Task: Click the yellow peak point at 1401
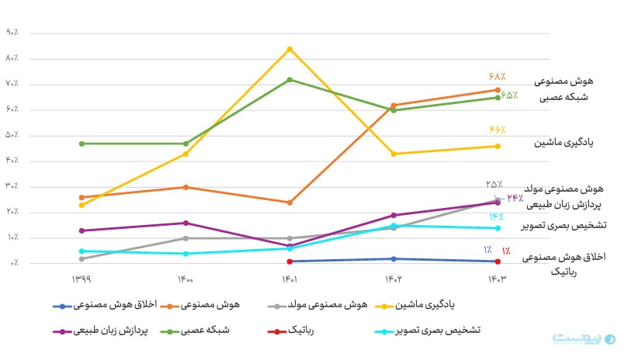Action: (289, 49)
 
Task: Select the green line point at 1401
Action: (289, 79)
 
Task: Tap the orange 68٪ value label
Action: (497, 76)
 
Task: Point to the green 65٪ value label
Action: (509, 95)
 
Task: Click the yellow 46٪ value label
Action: (498, 130)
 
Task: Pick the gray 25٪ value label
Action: (494, 185)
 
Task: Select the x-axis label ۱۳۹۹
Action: (81, 279)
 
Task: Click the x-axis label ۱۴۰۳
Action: (497, 279)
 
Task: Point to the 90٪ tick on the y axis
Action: (12, 33)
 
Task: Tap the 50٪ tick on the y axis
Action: (12, 135)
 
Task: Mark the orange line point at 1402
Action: (394, 106)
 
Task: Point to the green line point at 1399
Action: (81, 144)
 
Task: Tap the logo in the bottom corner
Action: (583, 340)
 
